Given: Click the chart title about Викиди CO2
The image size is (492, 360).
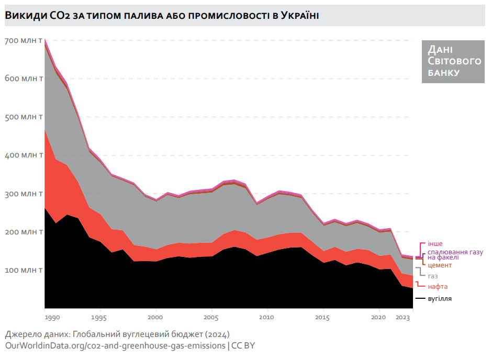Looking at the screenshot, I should [162, 16].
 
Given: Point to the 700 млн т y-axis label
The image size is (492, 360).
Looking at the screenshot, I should [24, 40].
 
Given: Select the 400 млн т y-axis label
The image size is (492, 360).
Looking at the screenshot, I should [24, 155].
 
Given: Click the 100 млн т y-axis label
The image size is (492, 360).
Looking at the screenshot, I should [24, 271].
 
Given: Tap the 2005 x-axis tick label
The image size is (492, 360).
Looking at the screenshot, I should [211, 318].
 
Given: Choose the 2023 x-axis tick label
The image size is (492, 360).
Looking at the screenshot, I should [402, 318].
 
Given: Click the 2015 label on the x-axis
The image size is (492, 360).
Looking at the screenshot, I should [322, 318].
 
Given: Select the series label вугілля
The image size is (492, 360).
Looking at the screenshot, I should [439, 298].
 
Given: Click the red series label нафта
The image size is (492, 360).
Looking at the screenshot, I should [438, 287].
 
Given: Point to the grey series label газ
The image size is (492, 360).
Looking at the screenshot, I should [433, 276].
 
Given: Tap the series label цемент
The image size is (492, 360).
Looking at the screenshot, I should [440, 265].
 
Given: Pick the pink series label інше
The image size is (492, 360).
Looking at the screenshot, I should [435, 244].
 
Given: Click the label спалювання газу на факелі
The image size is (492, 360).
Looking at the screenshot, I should [455, 254].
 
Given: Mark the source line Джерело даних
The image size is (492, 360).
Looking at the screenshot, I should [117, 334].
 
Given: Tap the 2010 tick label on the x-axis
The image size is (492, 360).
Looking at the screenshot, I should [267, 318].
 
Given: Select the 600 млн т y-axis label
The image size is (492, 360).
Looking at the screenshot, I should [24, 78].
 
